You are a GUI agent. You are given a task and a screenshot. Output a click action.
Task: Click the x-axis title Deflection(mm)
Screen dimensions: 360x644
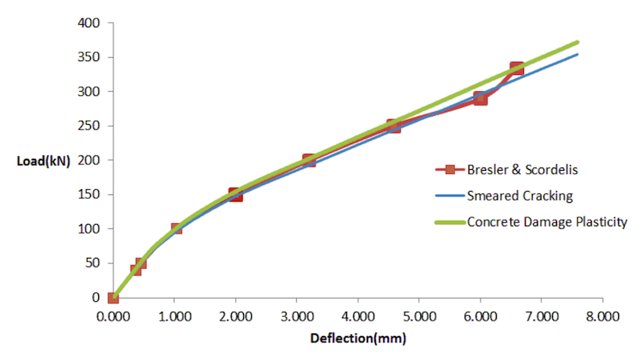358,337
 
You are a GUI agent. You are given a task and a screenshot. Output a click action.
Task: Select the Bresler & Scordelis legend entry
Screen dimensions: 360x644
514,170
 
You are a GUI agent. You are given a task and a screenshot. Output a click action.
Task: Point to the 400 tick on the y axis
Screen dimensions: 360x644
89,23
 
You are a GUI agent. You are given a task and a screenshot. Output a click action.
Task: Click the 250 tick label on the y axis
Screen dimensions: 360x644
89,126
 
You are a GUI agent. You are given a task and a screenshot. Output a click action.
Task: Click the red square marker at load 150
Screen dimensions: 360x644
235,195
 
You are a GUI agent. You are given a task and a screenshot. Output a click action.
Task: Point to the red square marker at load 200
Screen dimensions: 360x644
308,160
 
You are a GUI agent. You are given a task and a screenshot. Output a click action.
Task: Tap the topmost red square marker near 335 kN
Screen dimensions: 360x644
517,68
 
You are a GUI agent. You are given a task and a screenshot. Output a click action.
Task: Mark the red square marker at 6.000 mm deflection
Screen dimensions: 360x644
480,99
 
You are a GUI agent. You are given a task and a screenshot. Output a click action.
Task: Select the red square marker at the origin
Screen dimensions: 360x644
114,298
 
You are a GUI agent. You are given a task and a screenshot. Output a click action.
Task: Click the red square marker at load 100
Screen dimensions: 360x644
176,229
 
